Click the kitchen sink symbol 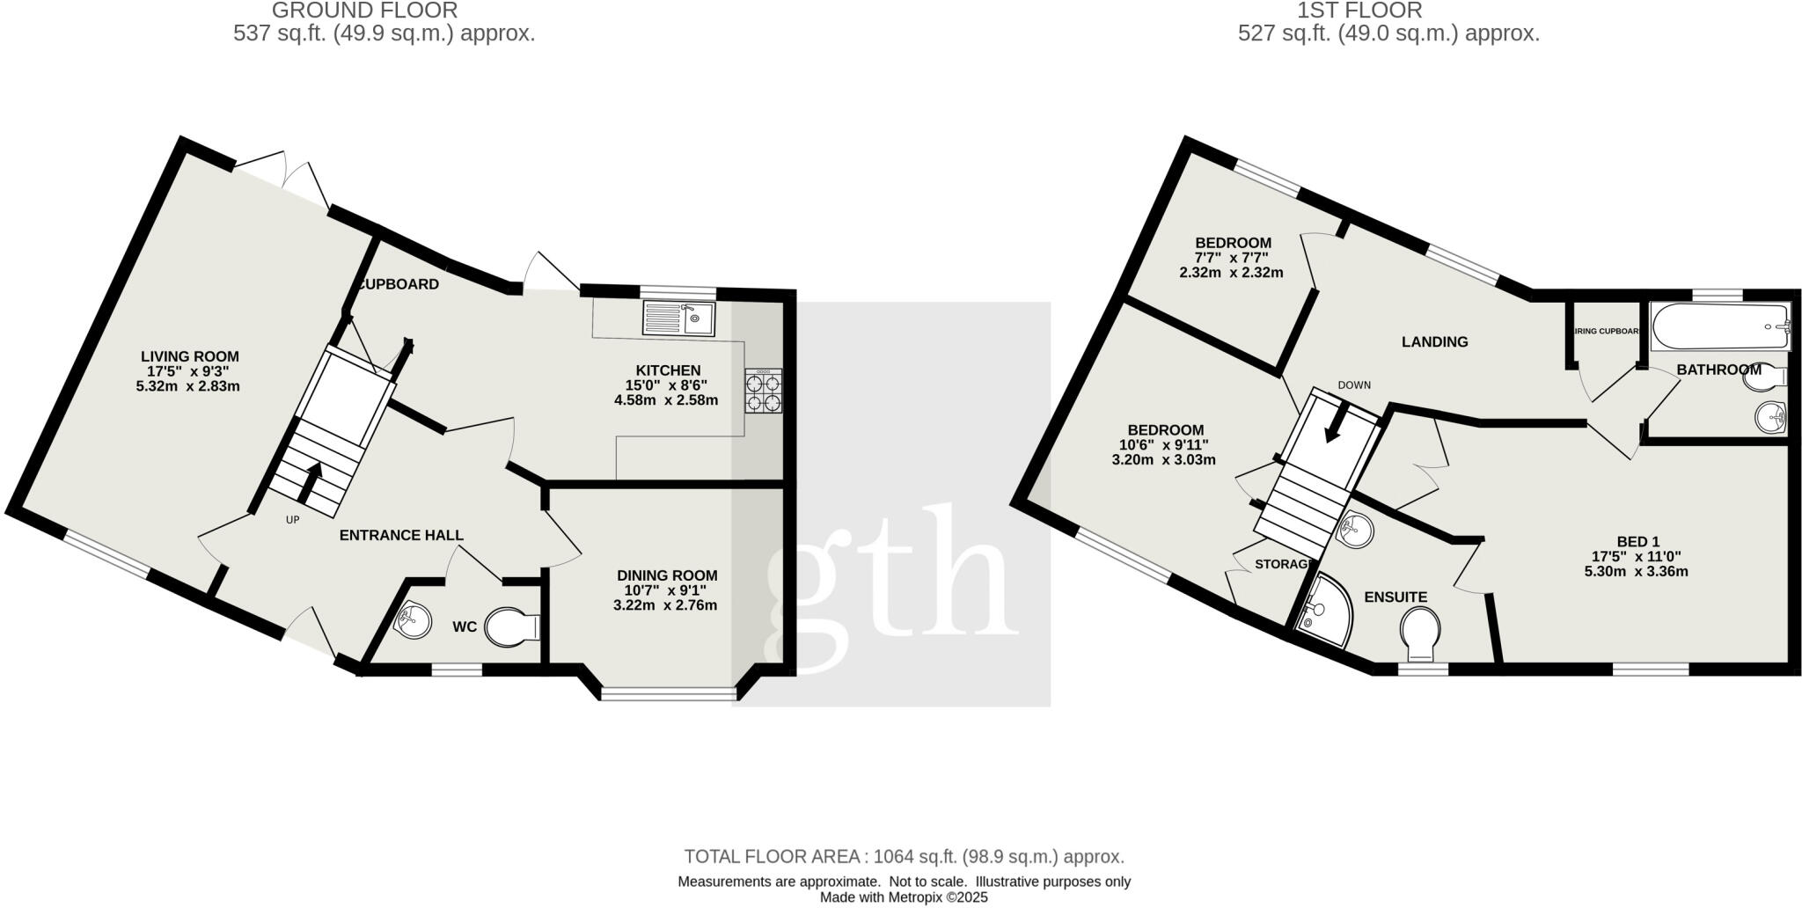point(679,319)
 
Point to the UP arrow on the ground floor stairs point(311,480)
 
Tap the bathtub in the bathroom point(1720,328)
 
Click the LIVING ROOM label point(190,356)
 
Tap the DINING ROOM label point(665,575)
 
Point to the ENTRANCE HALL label point(401,535)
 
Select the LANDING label point(1434,341)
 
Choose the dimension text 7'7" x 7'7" point(1232,258)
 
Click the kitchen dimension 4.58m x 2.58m point(666,400)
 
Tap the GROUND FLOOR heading point(364,11)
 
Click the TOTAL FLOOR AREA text point(904,856)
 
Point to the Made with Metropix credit point(904,897)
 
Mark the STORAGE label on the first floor point(1283,564)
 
